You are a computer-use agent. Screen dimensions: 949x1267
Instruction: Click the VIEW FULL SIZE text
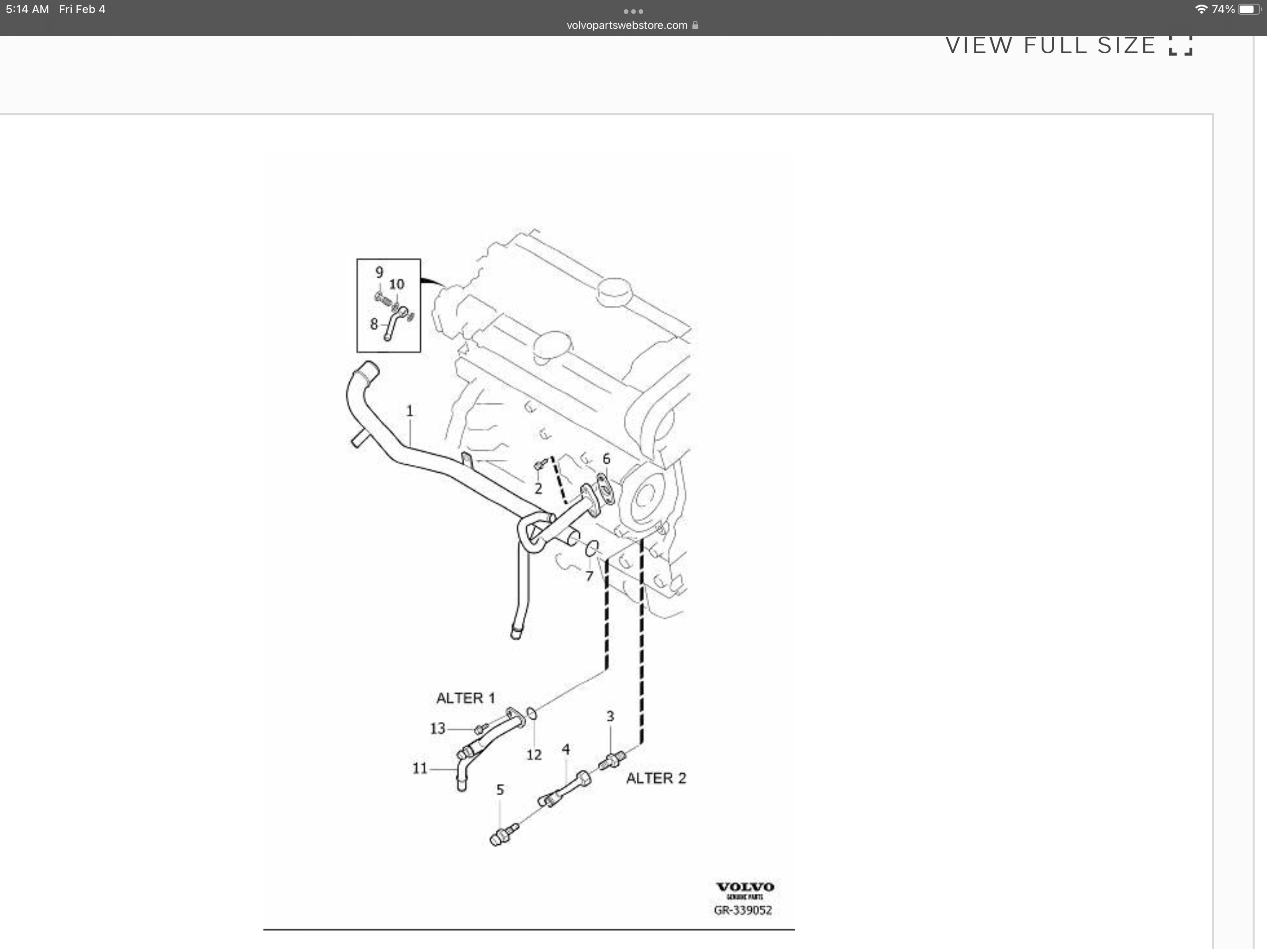point(1050,46)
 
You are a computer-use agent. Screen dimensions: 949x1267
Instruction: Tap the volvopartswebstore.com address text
point(627,25)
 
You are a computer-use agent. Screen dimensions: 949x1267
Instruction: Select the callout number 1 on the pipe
point(410,411)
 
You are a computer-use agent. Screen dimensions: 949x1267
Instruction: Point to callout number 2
point(538,488)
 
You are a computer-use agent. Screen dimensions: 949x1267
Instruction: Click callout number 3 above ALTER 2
point(610,716)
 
